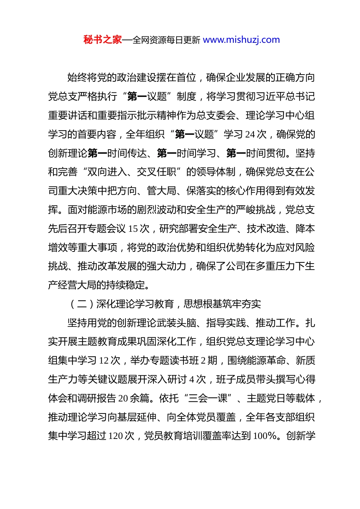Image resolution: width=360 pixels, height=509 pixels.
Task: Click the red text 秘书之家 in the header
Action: pyautogui.click(x=103, y=40)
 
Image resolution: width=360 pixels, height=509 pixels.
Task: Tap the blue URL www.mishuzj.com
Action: pyautogui.click(x=241, y=40)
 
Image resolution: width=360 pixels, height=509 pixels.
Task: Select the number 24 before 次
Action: pyautogui.click(x=250, y=134)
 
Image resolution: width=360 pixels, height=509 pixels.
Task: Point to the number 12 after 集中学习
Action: pyautogui.click(x=104, y=361)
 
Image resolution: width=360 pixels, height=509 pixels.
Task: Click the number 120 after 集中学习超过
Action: pyautogui.click(x=116, y=436)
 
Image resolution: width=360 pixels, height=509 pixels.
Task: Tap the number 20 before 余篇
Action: pyautogui.click(x=123, y=398)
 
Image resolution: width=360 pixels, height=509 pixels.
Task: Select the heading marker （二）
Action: pyautogui.click(x=82, y=304)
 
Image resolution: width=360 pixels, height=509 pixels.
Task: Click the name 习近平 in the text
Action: pyautogui.click(x=271, y=97)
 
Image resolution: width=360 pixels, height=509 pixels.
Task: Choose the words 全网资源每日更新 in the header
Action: pyautogui.click(x=166, y=40)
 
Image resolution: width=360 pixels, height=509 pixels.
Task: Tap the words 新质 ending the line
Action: pyautogui.click(x=305, y=361)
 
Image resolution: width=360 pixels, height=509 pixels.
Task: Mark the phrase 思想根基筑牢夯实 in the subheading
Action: pyautogui.click(x=222, y=304)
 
